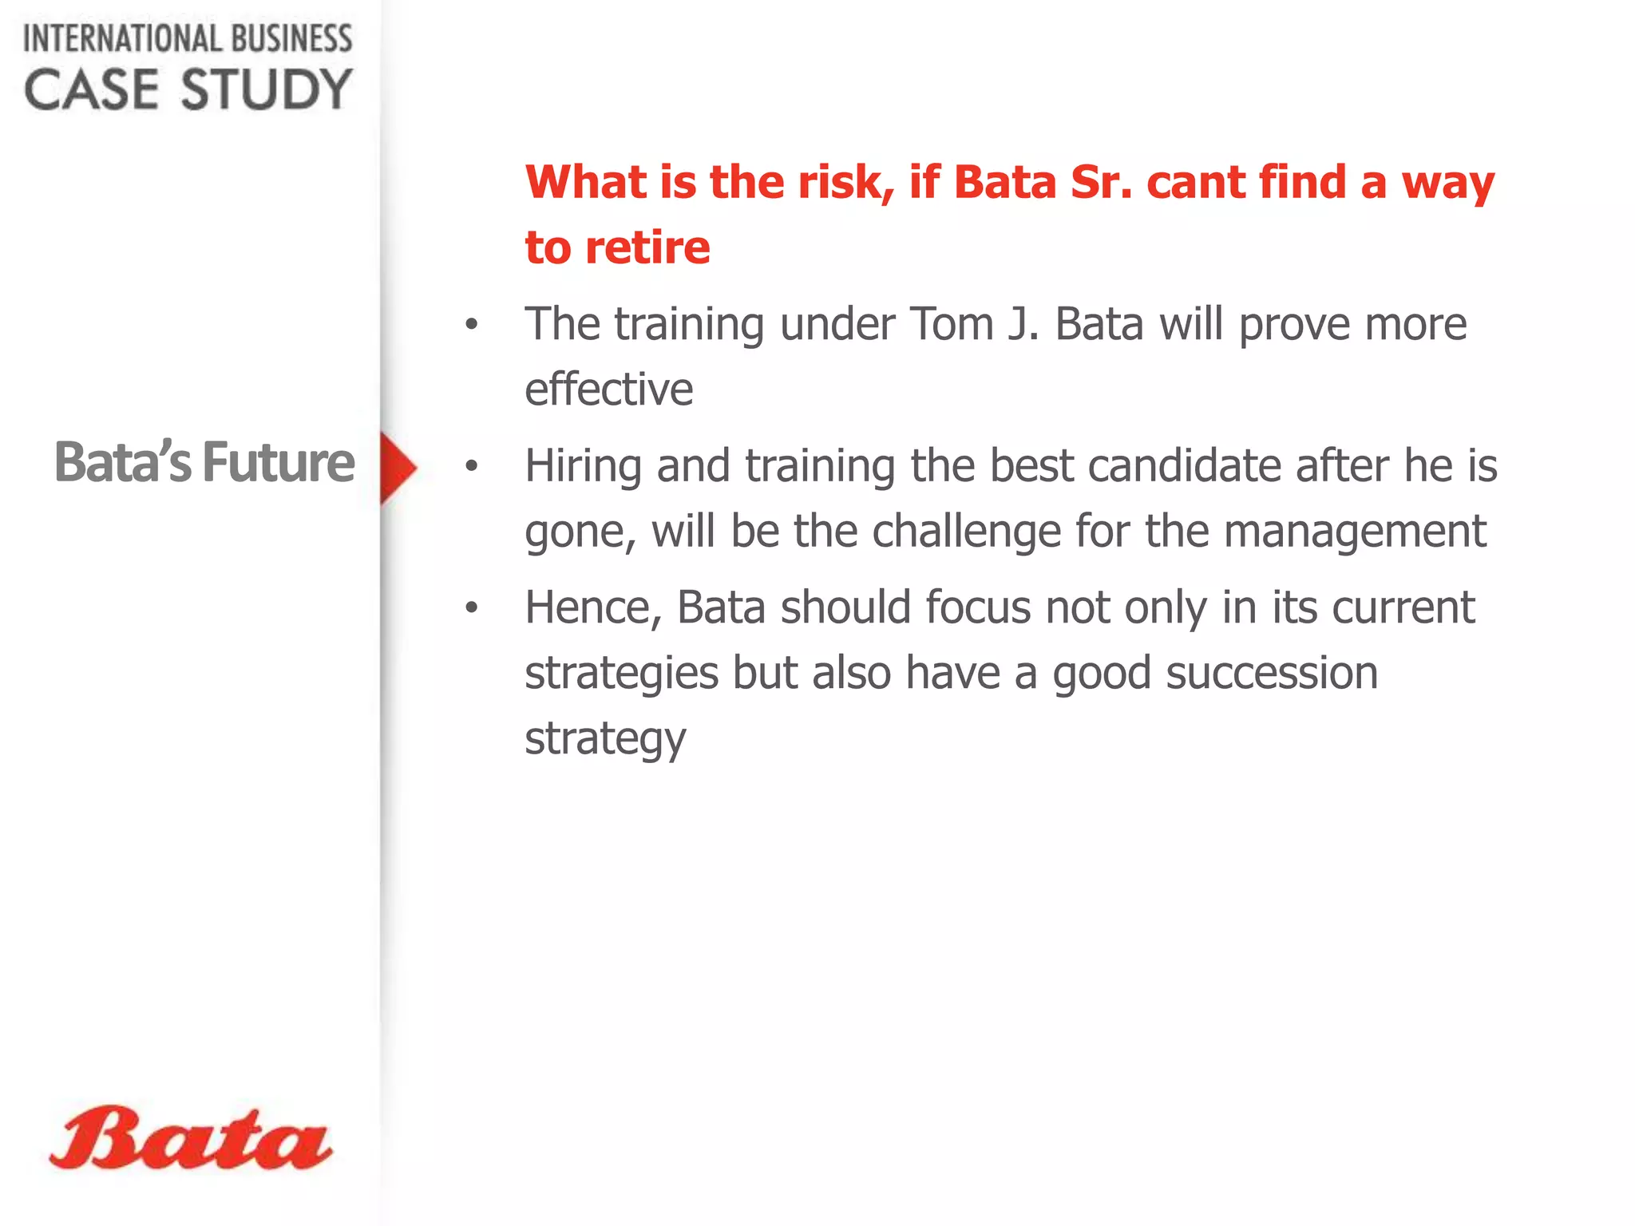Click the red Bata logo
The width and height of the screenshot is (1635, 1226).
(x=190, y=1139)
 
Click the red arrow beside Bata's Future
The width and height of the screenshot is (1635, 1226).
(x=398, y=469)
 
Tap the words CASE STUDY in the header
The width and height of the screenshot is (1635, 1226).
(x=188, y=89)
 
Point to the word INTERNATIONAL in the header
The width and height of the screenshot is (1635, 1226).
(x=110, y=38)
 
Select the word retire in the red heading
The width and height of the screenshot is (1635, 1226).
(x=647, y=247)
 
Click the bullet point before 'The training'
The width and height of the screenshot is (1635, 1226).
(x=472, y=325)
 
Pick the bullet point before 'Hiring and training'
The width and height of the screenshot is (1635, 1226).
(x=472, y=466)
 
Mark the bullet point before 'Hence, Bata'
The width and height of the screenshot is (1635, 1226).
(x=472, y=608)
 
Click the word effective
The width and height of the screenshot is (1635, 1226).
(x=609, y=390)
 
